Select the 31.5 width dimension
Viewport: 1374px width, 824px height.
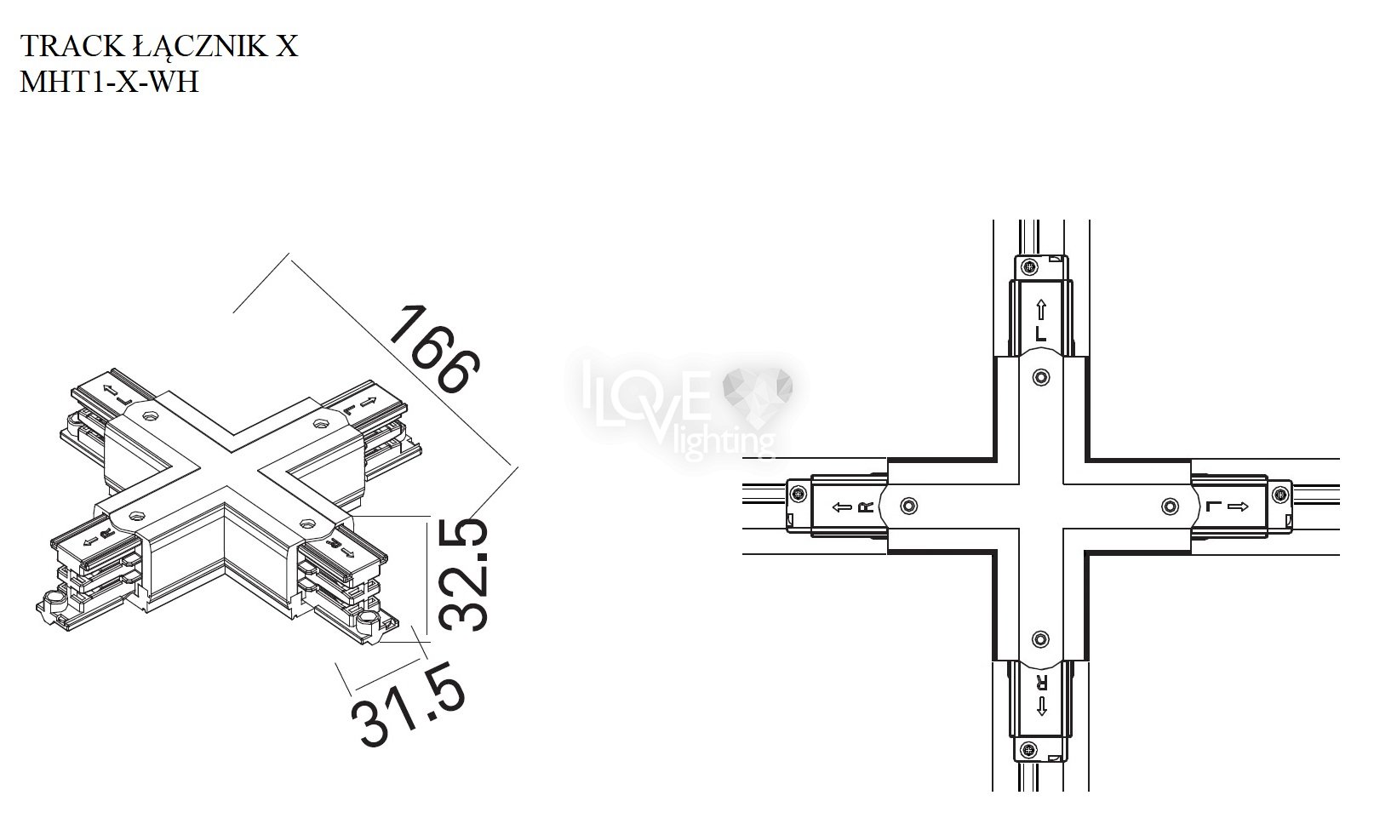click(x=409, y=704)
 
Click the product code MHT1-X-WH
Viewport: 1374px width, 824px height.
click(x=109, y=82)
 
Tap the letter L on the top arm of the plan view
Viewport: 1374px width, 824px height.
click(x=1041, y=334)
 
